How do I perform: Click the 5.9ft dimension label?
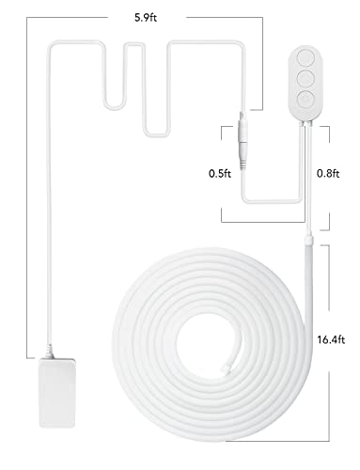[146, 18]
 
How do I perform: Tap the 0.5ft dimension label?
[220, 173]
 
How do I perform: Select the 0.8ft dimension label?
[328, 173]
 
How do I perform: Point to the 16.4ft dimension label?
[331, 339]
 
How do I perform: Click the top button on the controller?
[305, 57]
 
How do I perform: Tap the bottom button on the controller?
[305, 100]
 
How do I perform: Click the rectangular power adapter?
[57, 393]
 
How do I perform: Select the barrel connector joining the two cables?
[243, 141]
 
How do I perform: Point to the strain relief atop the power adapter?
[49, 352]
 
